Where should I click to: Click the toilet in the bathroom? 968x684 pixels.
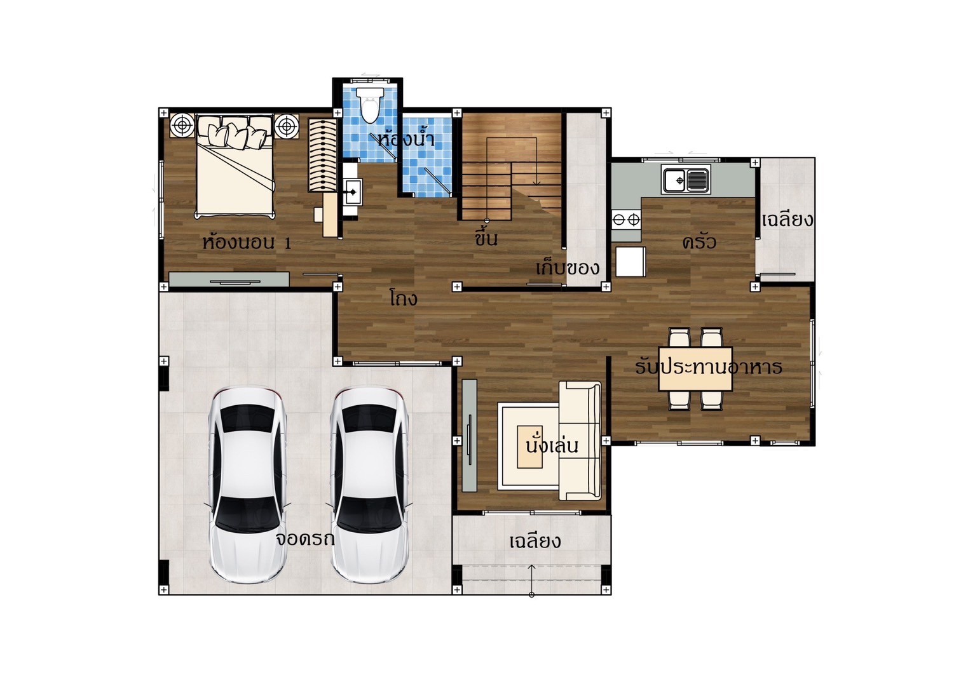[x=369, y=105]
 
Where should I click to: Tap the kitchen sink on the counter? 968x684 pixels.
[x=686, y=180]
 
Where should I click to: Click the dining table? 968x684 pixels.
[x=695, y=369]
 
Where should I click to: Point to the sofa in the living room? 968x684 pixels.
[x=580, y=441]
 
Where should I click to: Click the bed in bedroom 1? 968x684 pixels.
[x=236, y=166]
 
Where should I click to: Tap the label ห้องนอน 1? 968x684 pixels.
[x=247, y=242]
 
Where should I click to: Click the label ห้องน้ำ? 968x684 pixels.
[x=406, y=139]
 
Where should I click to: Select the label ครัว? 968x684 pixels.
[x=699, y=241]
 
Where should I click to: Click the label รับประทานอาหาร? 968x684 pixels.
[x=708, y=367]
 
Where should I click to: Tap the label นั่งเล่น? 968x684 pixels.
[x=552, y=445]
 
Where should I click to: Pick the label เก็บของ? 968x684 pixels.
[x=568, y=268]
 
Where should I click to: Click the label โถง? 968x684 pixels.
[x=403, y=297]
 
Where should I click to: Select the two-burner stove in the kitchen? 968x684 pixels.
[x=626, y=219]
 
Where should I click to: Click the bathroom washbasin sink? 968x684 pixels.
[x=353, y=191]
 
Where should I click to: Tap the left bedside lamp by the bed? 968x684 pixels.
[x=182, y=126]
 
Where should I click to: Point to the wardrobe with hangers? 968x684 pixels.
[x=322, y=156]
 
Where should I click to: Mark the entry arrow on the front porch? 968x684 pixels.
[x=531, y=580]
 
